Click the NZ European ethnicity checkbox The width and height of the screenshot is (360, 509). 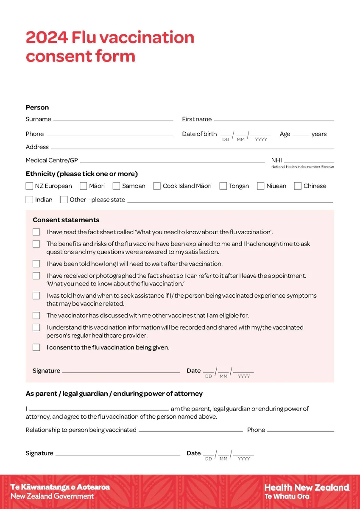coord(29,186)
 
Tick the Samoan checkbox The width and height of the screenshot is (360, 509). coord(116,186)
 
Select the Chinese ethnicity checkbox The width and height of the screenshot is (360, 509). coord(298,186)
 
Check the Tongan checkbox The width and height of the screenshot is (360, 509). coord(223,186)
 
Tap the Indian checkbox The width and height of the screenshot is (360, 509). coord(29,199)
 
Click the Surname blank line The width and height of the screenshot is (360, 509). coord(113,120)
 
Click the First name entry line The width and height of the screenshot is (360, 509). coord(273,120)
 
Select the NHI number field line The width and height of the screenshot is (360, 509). coord(309,161)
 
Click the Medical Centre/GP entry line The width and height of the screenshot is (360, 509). coord(172,161)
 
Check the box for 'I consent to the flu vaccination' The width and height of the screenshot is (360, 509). coord(36,347)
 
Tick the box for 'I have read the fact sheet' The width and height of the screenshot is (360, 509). coord(36,232)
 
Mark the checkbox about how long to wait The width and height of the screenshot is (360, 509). coord(36,264)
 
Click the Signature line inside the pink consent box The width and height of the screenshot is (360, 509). coord(121,372)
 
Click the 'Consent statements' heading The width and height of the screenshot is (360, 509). coord(66,220)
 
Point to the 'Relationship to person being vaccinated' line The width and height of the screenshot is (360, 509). coord(190,431)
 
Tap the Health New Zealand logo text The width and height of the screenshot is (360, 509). coord(307,488)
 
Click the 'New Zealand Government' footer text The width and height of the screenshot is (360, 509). coord(52,496)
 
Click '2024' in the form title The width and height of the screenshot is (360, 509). coord(46,38)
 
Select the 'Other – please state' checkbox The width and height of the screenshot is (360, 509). coord(64,199)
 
